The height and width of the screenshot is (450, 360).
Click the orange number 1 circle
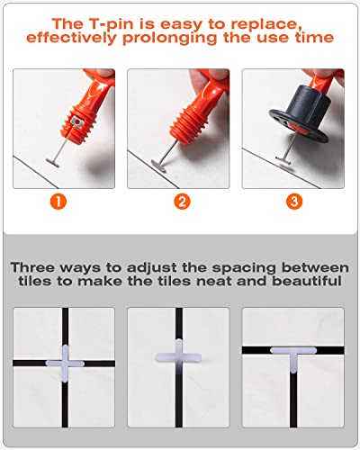[x=58, y=202]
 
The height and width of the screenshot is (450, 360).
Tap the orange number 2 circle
[x=182, y=202]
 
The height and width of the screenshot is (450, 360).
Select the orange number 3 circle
[x=294, y=202]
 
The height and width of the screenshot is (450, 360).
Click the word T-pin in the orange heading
[x=108, y=24]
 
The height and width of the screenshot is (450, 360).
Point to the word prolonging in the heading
[x=169, y=39]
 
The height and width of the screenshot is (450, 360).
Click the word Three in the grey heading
[x=33, y=267]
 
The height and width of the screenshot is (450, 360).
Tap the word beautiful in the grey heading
[x=307, y=281]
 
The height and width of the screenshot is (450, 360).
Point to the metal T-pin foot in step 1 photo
[x=53, y=163]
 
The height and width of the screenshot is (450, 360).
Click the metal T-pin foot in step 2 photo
[x=158, y=166]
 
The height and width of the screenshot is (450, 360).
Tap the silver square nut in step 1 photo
[x=76, y=122]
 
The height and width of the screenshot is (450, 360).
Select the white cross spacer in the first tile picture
[x=65, y=364]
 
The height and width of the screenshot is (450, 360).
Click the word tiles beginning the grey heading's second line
[x=35, y=281]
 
